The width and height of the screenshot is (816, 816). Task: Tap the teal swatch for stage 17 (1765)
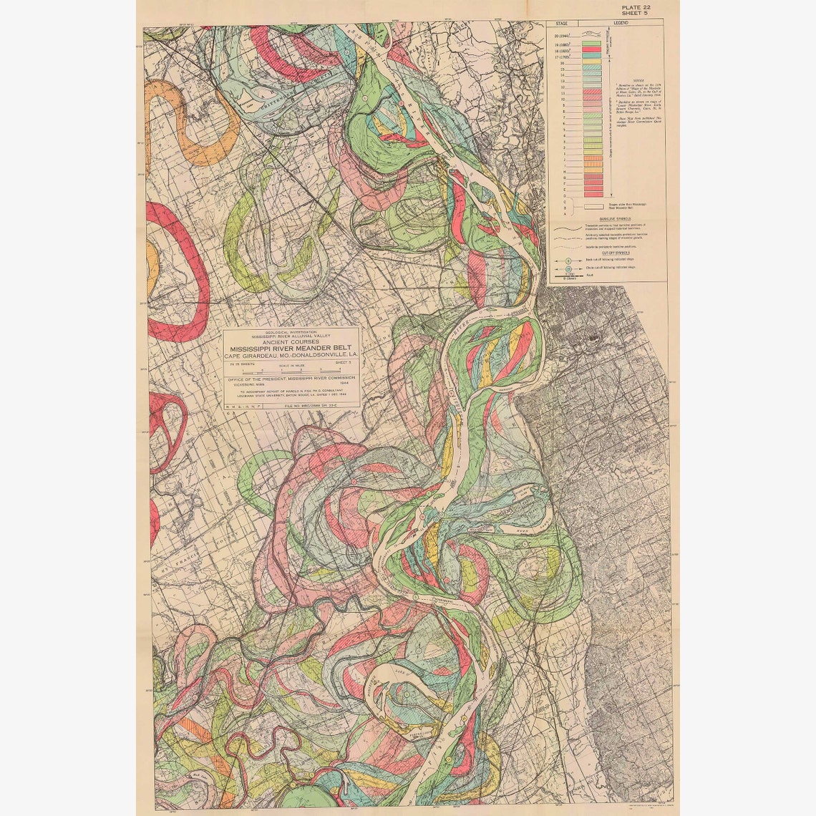coord(591,57)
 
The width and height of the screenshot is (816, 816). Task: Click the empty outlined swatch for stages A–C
coord(591,206)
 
